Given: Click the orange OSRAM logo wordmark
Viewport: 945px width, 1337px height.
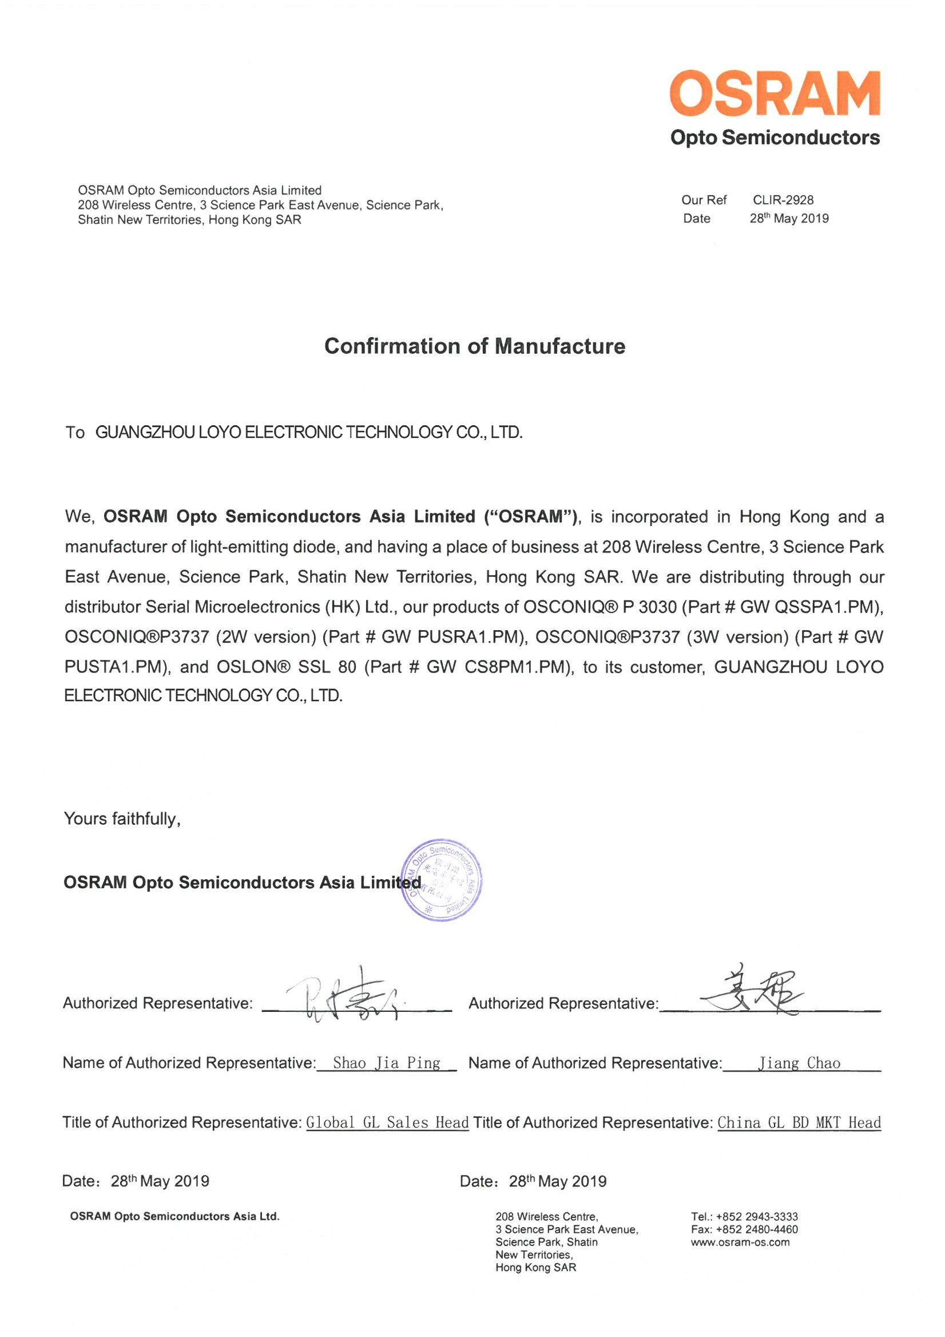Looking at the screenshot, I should [775, 93].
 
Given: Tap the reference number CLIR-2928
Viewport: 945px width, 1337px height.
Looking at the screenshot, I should [783, 200].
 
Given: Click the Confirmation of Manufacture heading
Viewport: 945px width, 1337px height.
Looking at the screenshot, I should [475, 346].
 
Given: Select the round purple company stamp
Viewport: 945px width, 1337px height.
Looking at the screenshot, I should [442, 880].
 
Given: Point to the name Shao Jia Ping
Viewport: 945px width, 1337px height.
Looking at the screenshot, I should [386, 1063].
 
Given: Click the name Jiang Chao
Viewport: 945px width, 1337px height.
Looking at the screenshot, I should [799, 1063].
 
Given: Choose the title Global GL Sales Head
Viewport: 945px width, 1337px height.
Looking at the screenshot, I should [387, 1122].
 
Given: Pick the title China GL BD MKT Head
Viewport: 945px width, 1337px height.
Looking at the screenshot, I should [799, 1122].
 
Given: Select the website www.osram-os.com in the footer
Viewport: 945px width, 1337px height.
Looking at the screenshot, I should [740, 1242].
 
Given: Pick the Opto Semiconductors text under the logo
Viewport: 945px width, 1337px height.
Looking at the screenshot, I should [775, 137].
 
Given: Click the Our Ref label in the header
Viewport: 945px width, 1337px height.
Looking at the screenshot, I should [704, 200].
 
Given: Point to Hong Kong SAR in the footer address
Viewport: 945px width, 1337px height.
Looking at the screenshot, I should [535, 1268].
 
